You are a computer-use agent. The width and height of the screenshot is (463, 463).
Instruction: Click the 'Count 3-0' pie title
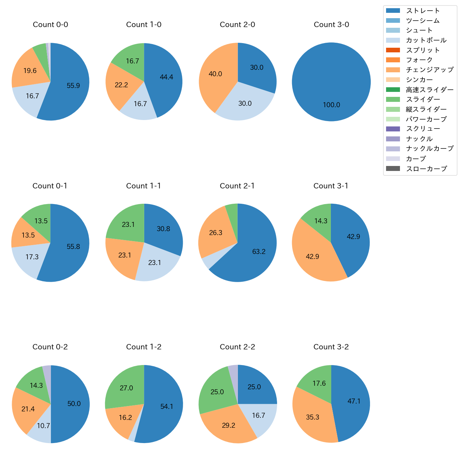coord(331,25)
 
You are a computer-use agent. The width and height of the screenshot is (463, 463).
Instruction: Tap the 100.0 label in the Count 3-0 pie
coord(331,105)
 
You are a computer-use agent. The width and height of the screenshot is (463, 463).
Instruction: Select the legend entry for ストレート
coord(423,11)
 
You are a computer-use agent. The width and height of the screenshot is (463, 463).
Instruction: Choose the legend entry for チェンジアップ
coord(430,70)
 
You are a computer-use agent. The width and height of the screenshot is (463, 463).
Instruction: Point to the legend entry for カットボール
coord(426,40)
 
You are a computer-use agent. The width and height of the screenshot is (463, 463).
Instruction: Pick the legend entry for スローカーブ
coord(426,169)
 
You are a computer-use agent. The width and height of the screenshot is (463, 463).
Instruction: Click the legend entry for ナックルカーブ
coord(430,149)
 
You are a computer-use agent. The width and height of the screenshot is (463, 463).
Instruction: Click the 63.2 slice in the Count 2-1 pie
coord(259,252)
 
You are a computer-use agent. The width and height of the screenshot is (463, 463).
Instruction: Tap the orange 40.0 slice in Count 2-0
coord(215,74)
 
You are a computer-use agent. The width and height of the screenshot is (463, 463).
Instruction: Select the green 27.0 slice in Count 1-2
coord(126,388)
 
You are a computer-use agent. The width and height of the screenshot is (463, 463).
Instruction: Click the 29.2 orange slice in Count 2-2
coord(229,426)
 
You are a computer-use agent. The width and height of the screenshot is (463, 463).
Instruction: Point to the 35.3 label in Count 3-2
coord(312,417)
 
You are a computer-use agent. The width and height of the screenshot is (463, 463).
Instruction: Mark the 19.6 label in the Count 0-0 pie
coord(30,71)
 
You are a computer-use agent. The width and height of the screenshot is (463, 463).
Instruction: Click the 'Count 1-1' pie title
coord(144,186)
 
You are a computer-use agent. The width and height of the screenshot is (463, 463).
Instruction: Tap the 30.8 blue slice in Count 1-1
coord(163,229)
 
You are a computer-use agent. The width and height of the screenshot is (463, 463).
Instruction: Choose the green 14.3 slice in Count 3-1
coord(321,221)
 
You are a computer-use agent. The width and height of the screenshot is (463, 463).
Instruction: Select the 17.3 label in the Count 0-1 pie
coord(32,257)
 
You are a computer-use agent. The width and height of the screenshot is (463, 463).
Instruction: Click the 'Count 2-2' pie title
coord(237,347)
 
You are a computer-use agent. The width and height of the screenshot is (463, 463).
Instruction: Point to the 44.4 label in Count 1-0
coord(166,77)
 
